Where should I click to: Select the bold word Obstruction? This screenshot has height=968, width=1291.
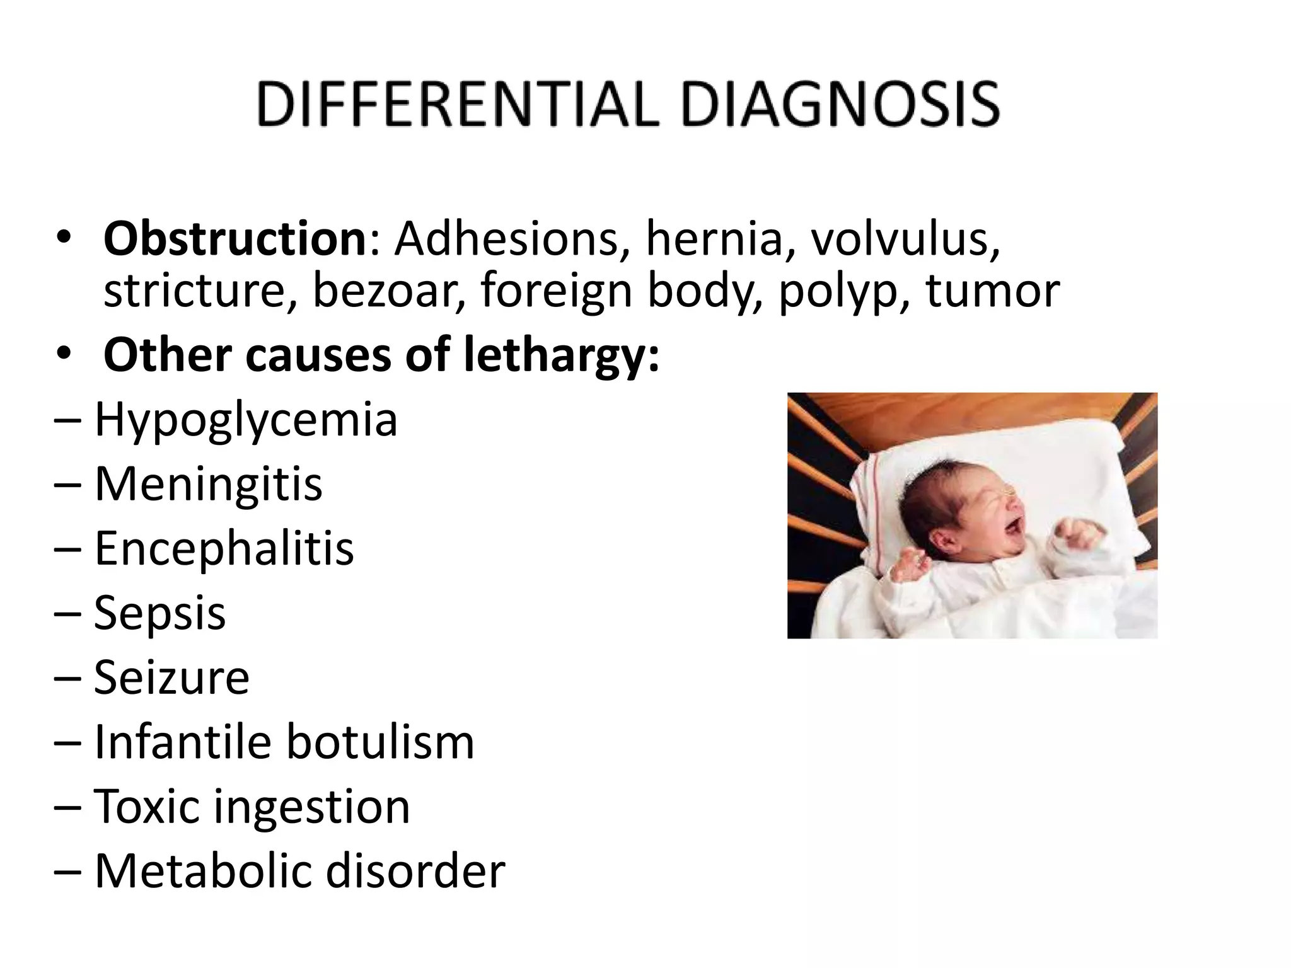coord(235,239)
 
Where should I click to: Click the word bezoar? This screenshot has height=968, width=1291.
coord(389,291)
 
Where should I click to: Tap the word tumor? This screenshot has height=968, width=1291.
coord(992,291)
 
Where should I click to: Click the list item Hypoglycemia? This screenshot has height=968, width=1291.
coord(246,421)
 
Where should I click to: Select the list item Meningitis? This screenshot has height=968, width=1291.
coord(208,485)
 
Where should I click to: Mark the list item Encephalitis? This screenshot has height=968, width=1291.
coord(224,548)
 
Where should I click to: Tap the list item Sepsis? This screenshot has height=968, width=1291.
coord(159,613)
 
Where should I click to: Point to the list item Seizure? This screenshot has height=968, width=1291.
coord(171,677)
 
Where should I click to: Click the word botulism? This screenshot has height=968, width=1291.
coord(379,742)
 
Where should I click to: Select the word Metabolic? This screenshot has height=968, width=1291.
coord(204,871)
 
